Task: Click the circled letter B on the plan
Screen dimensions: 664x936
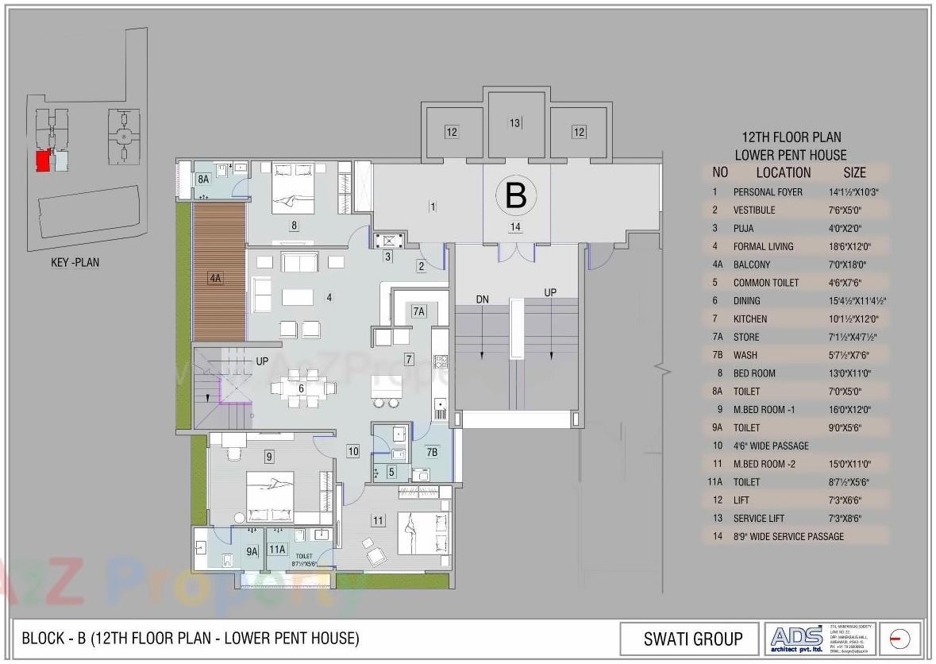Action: (x=516, y=195)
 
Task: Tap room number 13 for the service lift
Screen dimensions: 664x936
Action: (x=515, y=123)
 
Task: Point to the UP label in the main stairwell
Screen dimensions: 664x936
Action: (x=550, y=292)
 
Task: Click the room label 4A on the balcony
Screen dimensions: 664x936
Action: (x=215, y=278)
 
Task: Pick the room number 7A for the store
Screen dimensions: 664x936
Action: (x=419, y=311)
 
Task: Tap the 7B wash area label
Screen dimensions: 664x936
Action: (x=431, y=453)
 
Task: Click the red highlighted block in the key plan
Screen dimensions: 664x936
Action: (x=43, y=161)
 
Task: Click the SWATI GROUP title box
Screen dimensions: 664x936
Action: (x=693, y=639)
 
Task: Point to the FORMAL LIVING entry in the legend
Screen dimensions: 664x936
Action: (x=763, y=246)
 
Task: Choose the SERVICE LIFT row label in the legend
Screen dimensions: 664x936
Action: (x=765, y=519)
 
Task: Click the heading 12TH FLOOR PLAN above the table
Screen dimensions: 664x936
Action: (x=790, y=138)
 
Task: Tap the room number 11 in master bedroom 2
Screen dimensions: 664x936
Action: (x=378, y=521)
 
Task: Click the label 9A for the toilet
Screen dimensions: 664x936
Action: (x=252, y=551)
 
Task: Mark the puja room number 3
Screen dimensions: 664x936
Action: (x=387, y=257)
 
